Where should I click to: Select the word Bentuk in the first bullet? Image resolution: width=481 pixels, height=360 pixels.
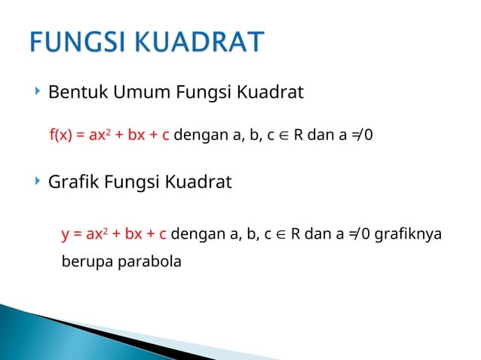coord(74,93)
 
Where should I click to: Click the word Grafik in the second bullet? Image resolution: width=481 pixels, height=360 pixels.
coord(71,182)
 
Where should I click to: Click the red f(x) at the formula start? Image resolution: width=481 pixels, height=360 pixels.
coord(61,136)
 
